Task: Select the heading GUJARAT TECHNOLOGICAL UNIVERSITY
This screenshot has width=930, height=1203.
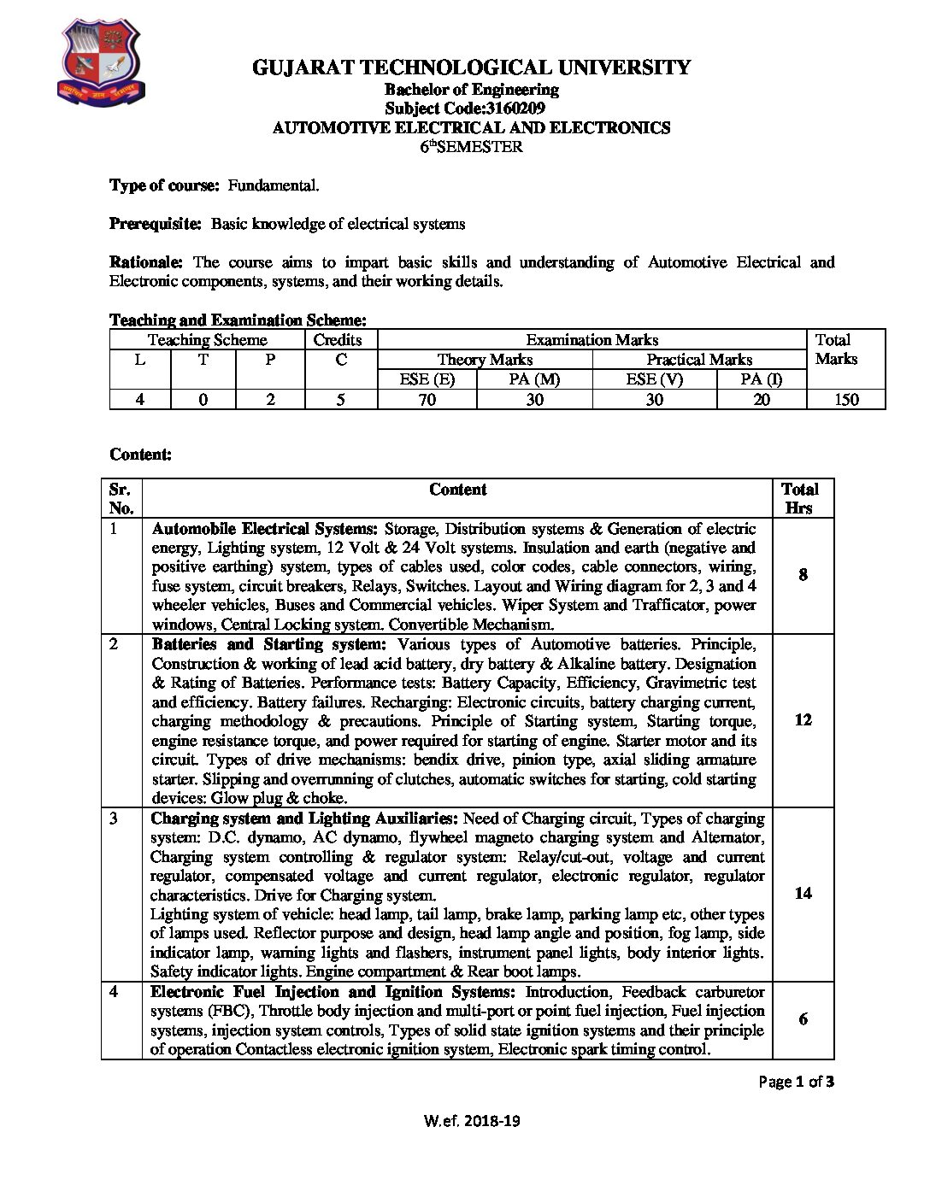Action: (x=471, y=68)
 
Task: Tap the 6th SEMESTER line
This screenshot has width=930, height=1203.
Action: (x=471, y=146)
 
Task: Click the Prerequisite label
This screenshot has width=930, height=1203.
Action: (x=155, y=224)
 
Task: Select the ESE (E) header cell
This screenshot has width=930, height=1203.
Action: (x=427, y=379)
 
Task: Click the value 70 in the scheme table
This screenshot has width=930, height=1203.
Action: (x=427, y=399)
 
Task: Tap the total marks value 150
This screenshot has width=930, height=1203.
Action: (x=846, y=399)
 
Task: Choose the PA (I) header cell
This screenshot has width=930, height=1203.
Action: (x=761, y=379)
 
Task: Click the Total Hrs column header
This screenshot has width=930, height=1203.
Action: (x=800, y=498)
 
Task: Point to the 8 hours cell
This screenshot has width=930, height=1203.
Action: (x=803, y=575)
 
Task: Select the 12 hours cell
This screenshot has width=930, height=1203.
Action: (x=803, y=719)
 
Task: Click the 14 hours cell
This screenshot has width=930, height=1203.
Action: (x=803, y=893)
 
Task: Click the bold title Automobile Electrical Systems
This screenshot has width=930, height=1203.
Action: (x=265, y=529)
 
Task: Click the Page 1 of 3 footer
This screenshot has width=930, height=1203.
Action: (x=796, y=1082)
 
